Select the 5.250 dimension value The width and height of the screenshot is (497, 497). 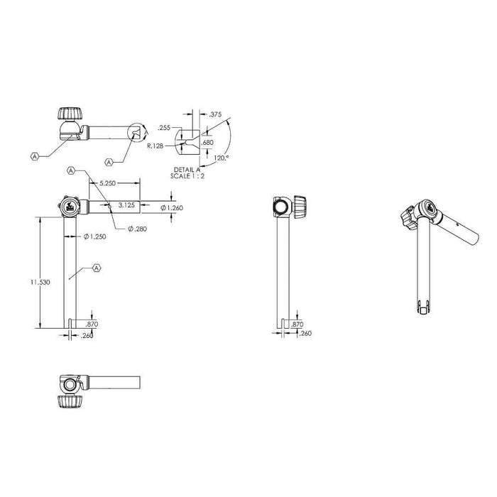pos(107,182)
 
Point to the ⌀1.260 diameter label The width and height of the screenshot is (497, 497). pos(173,207)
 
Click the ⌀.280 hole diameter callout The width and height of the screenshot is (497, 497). pos(139,228)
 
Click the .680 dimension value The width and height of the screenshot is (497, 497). pos(207,143)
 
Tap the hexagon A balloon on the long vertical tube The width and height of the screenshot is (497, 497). pos(97,268)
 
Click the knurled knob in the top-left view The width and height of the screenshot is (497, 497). pos(70,114)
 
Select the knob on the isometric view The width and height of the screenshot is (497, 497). pos(411,217)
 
